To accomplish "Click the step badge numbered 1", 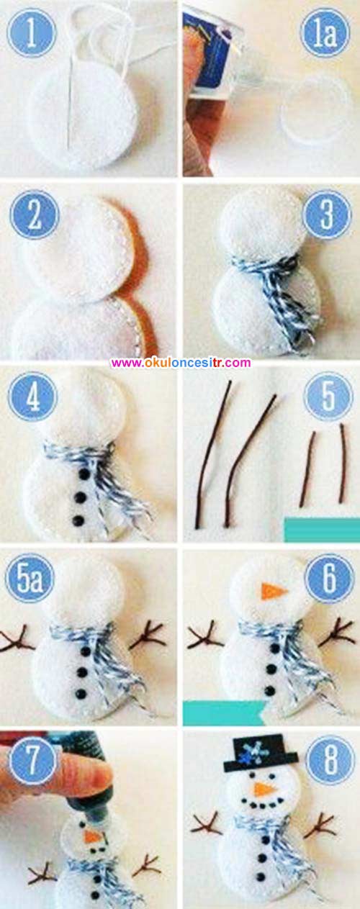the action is tap(32, 32).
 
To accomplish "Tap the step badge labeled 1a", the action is tap(325, 33).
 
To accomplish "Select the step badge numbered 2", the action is tap(35, 214).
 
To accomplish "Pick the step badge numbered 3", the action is tap(327, 214).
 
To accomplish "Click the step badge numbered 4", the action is tap(32, 397).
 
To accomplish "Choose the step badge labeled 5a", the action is tap(30, 579).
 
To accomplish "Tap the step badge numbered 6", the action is tap(329, 578).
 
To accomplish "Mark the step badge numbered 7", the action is tap(32, 760).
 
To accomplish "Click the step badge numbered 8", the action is tap(330, 760).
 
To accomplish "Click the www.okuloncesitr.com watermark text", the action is tap(181, 363).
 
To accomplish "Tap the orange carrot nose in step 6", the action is tap(274, 592).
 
